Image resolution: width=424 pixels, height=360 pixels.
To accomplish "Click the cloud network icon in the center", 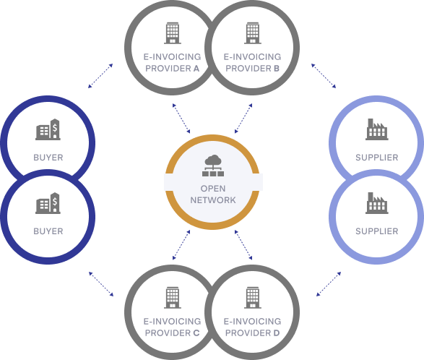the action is (213, 166).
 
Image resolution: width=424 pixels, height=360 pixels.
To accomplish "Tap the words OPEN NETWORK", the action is (213, 194).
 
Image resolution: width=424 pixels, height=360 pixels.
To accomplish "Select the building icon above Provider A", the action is (173, 33).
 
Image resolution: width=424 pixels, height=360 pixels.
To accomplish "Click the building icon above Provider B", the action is (253, 33).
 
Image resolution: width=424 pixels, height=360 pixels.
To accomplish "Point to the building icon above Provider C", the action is (173, 298).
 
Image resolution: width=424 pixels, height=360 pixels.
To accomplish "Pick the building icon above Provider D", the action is (253, 298).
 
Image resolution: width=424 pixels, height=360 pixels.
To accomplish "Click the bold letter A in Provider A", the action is (196, 69).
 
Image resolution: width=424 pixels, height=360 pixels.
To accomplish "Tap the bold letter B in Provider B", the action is (277, 69).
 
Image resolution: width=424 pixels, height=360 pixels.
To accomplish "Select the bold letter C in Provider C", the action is (196, 333).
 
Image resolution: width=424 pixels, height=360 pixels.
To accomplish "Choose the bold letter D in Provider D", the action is (277, 333).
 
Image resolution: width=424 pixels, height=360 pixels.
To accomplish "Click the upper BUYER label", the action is (48, 158).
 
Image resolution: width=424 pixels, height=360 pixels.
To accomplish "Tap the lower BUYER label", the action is (48, 231).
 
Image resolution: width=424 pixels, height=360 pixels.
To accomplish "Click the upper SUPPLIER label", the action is (376, 158).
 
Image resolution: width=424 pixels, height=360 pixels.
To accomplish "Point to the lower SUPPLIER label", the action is (376, 231).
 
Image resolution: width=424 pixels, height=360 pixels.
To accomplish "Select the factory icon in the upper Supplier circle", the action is (376, 129).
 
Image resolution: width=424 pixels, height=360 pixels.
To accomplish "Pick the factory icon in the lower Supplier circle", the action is (376, 203).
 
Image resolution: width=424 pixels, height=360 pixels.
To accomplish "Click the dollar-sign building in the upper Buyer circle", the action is (48, 129).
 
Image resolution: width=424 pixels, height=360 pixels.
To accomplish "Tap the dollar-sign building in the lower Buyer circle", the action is (48, 203).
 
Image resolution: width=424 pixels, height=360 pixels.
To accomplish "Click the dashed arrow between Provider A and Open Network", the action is (181, 119).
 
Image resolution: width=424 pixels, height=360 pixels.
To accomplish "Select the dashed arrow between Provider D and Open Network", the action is (243, 245).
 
